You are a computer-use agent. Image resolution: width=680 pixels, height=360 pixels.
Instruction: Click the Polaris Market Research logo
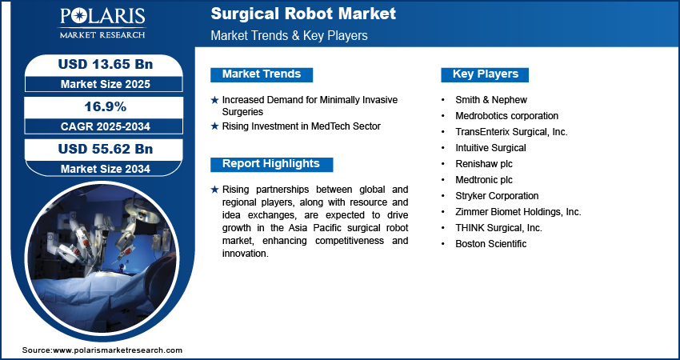[102, 23]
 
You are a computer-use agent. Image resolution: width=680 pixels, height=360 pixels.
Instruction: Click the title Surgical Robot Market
[303, 14]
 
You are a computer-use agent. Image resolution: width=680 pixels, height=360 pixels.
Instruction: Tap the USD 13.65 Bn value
[106, 64]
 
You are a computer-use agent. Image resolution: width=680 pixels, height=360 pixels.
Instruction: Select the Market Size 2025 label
[106, 84]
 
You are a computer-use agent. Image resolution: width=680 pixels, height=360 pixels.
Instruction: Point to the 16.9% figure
[106, 106]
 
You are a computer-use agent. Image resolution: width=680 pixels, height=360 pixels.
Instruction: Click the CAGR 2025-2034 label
[106, 126]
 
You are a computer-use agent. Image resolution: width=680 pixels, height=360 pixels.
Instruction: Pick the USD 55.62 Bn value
[106, 149]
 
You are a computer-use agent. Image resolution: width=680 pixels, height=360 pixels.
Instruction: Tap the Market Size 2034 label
[106, 169]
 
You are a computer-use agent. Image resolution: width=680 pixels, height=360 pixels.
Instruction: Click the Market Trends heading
[262, 74]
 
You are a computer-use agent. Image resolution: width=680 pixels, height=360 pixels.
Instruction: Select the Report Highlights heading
[271, 163]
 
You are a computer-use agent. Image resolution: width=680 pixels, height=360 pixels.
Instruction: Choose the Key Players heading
[486, 74]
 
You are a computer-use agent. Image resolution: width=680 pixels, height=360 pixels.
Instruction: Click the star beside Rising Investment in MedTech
[214, 126]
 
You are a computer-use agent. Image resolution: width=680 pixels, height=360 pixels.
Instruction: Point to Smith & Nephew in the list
[491, 100]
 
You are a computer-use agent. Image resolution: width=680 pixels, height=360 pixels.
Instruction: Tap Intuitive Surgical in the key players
[490, 148]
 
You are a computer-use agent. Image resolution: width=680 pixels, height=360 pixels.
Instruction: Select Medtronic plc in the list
[484, 179]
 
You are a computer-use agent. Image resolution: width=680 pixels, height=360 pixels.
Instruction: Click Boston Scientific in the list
[491, 244]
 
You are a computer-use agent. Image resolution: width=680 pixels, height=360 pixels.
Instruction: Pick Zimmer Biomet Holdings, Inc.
[518, 212]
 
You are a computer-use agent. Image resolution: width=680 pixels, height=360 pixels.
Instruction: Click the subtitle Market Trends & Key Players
[290, 35]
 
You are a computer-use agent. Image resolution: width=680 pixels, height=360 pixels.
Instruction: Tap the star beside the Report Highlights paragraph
[214, 190]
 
